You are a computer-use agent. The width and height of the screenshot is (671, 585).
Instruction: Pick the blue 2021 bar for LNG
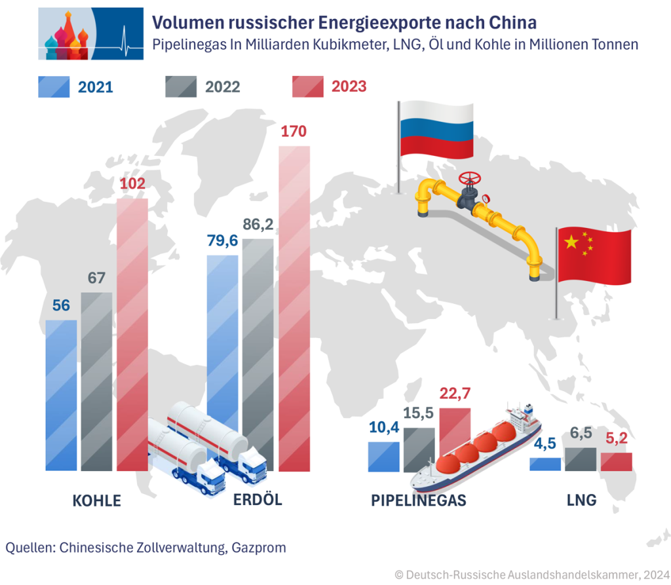click(x=545, y=464)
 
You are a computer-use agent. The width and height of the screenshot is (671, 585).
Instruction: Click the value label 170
click(x=294, y=131)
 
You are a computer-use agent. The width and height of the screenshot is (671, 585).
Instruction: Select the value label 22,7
click(x=454, y=394)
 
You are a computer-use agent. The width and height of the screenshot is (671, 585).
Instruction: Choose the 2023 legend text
click(x=349, y=86)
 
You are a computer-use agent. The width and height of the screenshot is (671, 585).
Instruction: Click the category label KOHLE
click(x=96, y=501)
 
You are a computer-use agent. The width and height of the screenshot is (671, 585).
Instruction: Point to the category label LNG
click(x=581, y=501)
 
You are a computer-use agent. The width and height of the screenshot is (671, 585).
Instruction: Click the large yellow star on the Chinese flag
click(x=571, y=242)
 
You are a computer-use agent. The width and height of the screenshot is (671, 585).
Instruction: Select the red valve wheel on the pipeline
click(x=469, y=178)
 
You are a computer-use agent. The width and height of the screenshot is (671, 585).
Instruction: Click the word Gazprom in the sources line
click(x=259, y=547)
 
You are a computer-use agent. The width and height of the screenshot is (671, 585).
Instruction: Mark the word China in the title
click(x=512, y=23)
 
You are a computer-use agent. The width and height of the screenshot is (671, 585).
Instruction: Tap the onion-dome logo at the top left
click(x=90, y=33)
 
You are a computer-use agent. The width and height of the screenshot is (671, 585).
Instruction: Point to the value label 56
click(x=61, y=306)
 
